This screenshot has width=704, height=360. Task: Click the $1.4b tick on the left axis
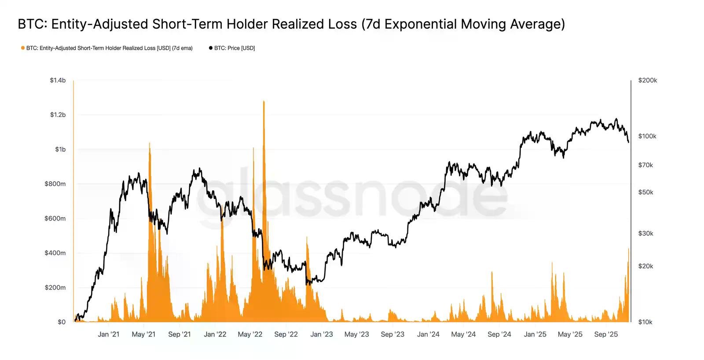pyautogui.click(x=58, y=80)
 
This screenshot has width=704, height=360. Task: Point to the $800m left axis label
pyautogui.click(x=55, y=184)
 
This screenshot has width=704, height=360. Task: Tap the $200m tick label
pyautogui.click(x=55, y=287)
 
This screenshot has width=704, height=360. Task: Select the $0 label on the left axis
pyautogui.click(x=62, y=322)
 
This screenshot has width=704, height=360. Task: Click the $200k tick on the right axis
pyautogui.click(x=647, y=80)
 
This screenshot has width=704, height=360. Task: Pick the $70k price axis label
pyautogui.click(x=645, y=165)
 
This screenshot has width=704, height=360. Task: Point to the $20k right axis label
pyautogui.click(x=645, y=266)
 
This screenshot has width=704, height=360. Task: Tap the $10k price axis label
pyautogui.click(x=645, y=322)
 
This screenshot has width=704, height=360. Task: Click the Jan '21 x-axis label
pyautogui.click(x=108, y=334)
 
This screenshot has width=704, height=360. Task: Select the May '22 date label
pyautogui.click(x=250, y=334)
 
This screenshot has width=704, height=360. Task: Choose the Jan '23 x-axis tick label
pyautogui.click(x=322, y=334)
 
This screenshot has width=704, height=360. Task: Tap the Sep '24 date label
pyautogui.click(x=499, y=334)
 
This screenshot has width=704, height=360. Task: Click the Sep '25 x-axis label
pyautogui.click(x=606, y=334)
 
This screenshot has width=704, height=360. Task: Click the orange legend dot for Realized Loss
pyautogui.click(x=23, y=48)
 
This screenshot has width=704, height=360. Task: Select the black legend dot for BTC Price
pyautogui.click(x=211, y=48)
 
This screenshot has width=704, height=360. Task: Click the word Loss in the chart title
pyautogui.click(x=339, y=24)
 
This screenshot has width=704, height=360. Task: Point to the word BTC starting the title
pyautogui.click(x=32, y=24)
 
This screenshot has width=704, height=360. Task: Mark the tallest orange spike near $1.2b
pyautogui.click(x=264, y=101)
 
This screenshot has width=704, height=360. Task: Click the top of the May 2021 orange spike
pyautogui.click(x=150, y=143)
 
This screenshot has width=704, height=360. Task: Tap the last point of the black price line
pyautogui.click(x=628, y=142)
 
